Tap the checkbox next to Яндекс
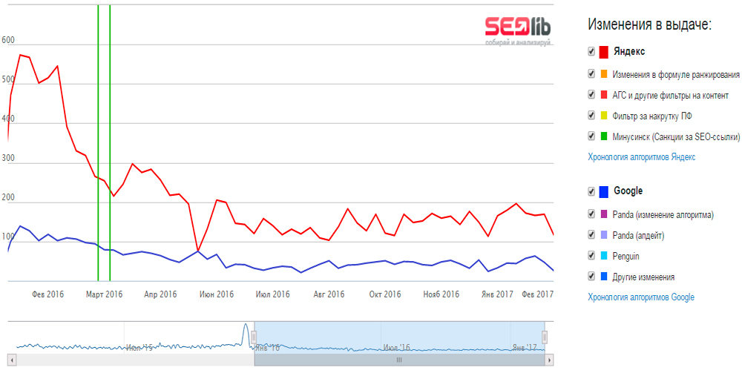(x=591, y=51)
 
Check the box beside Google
(x=591, y=191)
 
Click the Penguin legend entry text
(x=626, y=256)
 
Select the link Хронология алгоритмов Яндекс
(x=641, y=157)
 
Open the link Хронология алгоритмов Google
(x=641, y=297)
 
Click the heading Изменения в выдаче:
(x=649, y=24)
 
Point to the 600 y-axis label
(x=8, y=41)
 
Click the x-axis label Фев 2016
(x=47, y=294)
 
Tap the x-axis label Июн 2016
(x=216, y=294)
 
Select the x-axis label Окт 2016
(x=384, y=294)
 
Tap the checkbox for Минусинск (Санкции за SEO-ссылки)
(x=591, y=136)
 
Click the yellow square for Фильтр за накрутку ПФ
(x=604, y=116)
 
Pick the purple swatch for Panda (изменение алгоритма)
(x=604, y=215)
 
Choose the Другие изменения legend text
(x=643, y=277)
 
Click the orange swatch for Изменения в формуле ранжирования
(x=604, y=74)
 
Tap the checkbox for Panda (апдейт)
(x=591, y=235)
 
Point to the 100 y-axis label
(x=8, y=237)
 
